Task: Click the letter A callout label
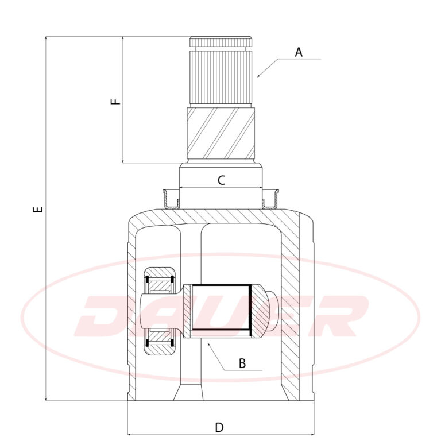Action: [299, 52]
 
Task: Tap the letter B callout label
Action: [242, 363]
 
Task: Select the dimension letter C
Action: [221, 180]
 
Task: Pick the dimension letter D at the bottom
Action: [219, 427]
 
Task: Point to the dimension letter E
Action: [38, 210]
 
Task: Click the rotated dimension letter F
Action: [115, 102]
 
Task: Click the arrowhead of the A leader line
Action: [259, 76]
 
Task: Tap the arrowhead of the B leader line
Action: [208, 344]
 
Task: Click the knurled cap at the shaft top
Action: [220, 41]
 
